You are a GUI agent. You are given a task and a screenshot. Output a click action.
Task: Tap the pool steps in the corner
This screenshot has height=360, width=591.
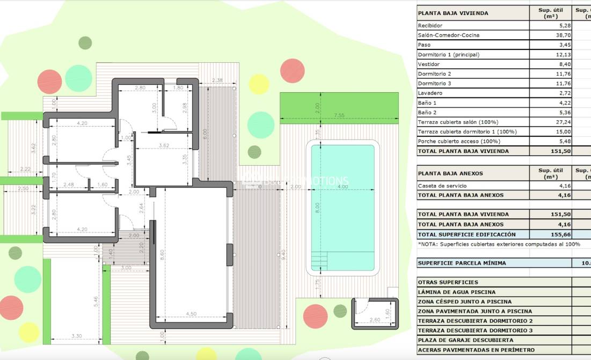point(320,261)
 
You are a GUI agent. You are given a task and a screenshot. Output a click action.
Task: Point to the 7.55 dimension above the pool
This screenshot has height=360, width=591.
point(339,115)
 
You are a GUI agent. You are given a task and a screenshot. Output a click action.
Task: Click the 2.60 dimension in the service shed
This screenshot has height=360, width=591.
point(375,320)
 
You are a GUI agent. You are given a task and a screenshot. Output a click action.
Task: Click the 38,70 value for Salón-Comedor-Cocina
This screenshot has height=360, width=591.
point(550,35)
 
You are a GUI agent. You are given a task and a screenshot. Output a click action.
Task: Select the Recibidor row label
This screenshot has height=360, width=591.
point(430,26)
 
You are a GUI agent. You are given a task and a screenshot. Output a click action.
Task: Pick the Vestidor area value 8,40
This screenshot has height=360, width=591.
point(550,64)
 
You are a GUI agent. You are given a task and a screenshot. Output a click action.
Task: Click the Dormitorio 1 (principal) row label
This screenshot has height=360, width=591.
point(448,55)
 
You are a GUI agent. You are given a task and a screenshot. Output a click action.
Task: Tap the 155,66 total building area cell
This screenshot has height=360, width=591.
point(550,234)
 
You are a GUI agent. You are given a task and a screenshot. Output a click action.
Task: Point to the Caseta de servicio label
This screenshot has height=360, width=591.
point(442,186)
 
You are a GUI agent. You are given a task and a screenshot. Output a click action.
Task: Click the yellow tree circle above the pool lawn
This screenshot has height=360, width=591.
point(259,84)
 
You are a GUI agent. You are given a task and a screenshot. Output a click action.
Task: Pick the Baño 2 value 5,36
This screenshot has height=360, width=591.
point(550,113)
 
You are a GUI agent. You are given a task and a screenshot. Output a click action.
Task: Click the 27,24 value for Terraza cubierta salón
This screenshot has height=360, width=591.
point(550,122)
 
